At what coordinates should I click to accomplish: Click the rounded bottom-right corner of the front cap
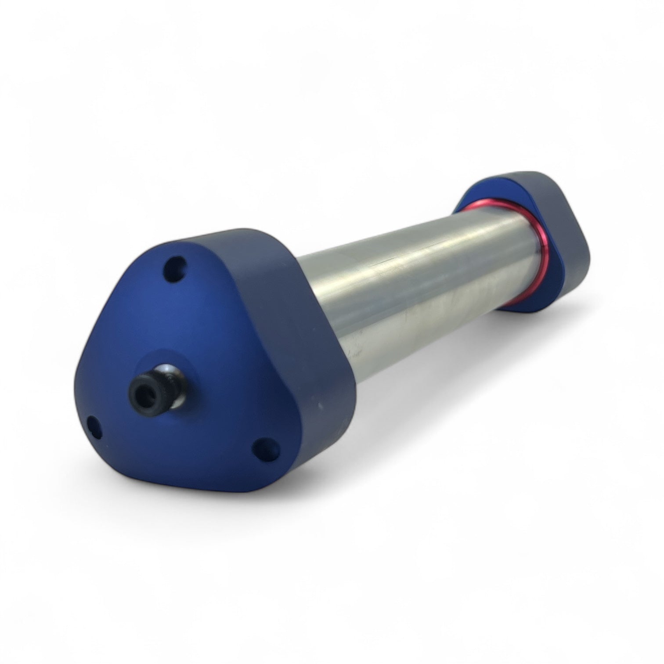(x=285, y=470)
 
